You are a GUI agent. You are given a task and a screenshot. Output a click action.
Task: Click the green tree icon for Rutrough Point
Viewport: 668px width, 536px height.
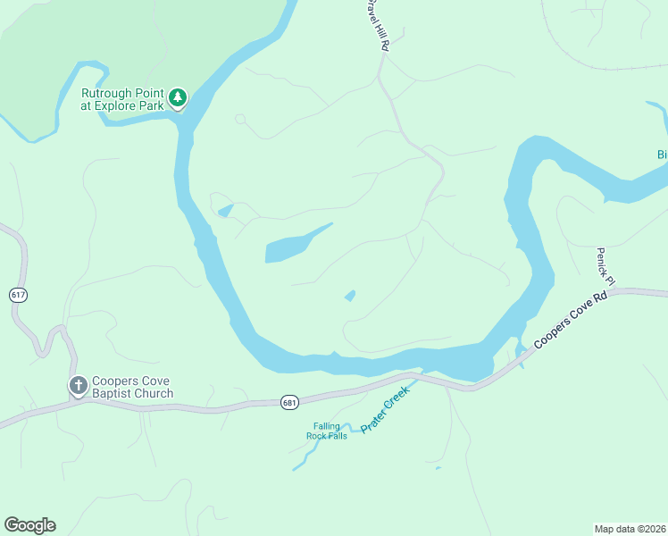coord(178,96)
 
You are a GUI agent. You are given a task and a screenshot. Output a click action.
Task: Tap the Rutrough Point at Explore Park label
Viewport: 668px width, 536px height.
coord(123,99)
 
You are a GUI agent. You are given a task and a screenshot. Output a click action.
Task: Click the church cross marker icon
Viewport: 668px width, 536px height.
coord(79,385)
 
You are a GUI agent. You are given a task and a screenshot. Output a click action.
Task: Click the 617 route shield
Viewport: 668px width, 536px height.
coord(18,294)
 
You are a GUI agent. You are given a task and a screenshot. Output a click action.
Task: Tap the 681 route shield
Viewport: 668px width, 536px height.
coord(288,403)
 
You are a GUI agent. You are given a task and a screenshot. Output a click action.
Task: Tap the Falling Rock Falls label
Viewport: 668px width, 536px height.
coord(326,431)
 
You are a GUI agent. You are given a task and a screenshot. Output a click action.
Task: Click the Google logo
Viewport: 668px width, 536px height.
coord(29,525)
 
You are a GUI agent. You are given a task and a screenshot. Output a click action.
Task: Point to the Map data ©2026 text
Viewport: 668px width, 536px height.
coord(630,528)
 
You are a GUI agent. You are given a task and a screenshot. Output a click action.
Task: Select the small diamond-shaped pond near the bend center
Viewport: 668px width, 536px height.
coord(350,296)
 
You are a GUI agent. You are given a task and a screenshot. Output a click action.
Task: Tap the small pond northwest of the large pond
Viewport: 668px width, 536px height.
coord(225,211)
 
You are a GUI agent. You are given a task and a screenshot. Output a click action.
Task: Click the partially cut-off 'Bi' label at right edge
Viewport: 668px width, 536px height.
coord(662,155)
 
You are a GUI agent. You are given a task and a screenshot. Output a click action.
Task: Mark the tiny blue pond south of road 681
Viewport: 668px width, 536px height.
coord(438,467)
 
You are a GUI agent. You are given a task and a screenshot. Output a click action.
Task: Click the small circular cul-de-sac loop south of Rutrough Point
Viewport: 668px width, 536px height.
coord(239,119)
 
